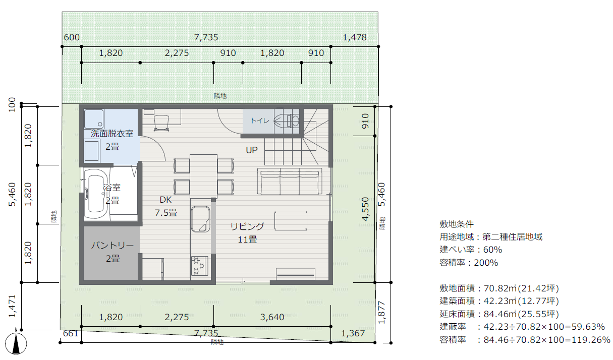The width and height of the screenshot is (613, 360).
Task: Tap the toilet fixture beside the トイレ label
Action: click(x=288, y=121)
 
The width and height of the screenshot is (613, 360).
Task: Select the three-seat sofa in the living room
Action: click(x=290, y=182)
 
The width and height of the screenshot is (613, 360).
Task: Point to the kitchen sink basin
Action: click(x=200, y=219)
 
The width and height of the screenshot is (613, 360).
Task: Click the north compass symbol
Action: click(x=16, y=343)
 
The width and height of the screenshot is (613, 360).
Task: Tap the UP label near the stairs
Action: click(x=251, y=150)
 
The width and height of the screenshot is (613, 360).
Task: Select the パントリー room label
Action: click(x=112, y=245)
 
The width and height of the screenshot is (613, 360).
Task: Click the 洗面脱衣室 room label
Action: click(x=112, y=134)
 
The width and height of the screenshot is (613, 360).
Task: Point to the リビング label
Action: click(x=247, y=226)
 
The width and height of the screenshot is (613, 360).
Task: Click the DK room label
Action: click(x=165, y=200)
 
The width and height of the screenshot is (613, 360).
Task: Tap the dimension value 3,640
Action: click(x=272, y=317)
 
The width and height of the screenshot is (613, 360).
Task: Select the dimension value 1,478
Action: click(x=355, y=37)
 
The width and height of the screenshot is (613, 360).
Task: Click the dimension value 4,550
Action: click(x=366, y=209)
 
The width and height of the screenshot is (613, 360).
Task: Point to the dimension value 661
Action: click(x=71, y=333)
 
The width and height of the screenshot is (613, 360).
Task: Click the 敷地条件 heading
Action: click(x=457, y=224)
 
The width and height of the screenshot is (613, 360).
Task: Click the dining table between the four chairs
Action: click(x=204, y=176)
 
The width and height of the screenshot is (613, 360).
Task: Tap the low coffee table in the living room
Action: click(x=291, y=220)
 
